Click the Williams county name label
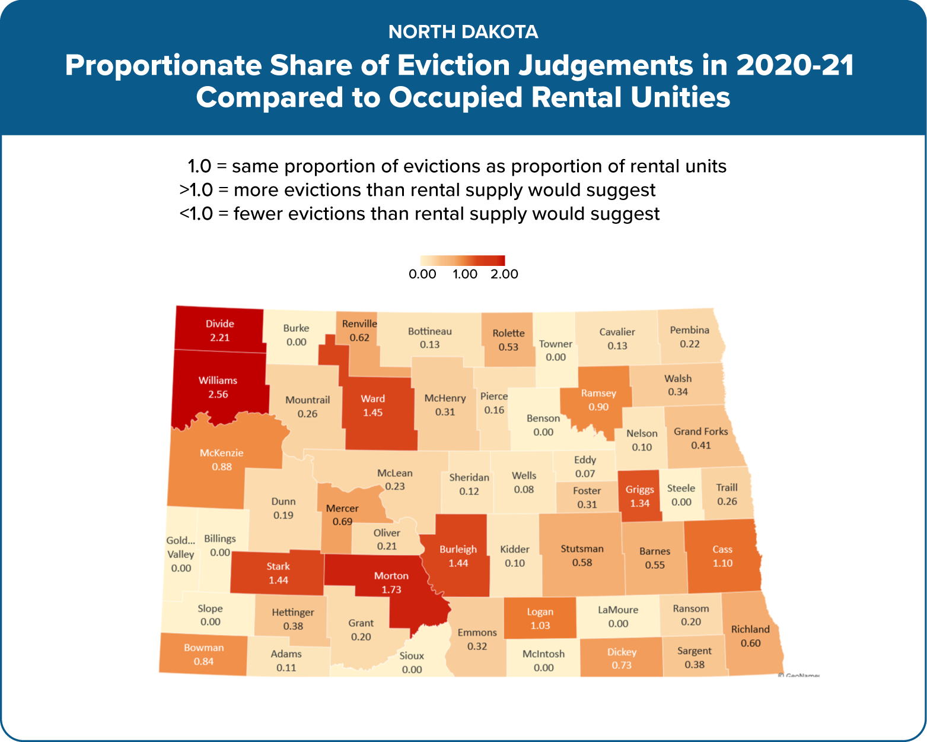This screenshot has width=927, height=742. pyautogui.click(x=218, y=380)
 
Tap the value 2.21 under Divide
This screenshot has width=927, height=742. pyautogui.click(x=219, y=338)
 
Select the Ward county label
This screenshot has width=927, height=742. pyautogui.click(x=372, y=399)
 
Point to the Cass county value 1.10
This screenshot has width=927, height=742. pyautogui.click(x=722, y=563)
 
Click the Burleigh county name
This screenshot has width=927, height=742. pyautogui.click(x=458, y=550)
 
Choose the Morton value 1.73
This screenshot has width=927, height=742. pyautogui.click(x=391, y=590)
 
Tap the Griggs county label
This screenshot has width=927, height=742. pyautogui.click(x=640, y=490)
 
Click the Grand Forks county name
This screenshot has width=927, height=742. pyautogui.click(x=700, y=432)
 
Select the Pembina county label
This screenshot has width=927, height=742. pyautogui.click(x=689, y=330)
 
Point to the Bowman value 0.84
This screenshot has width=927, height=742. pyautogui.click(x=203, y=662)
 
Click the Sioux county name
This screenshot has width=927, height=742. pyautogui.click(x=412, y=656)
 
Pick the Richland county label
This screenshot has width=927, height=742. pyautogui.click(x=750, y=629)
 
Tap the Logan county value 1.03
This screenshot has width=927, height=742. pyautogui.click(x=540, y=626)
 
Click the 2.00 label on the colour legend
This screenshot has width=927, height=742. pyautogui.click(x=504, y=274)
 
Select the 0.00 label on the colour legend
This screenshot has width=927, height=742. pyautogui.click(x=422, y=274)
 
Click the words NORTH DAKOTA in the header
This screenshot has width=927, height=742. pyautogui.click(x=463, y=32)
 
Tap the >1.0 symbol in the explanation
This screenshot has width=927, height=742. pyautogui.click(x=196, y=190)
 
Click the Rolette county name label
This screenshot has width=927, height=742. pyautogui.click(x=508, y=334)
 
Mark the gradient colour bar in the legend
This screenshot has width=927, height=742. pyautogui.click(x=463, y=261)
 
